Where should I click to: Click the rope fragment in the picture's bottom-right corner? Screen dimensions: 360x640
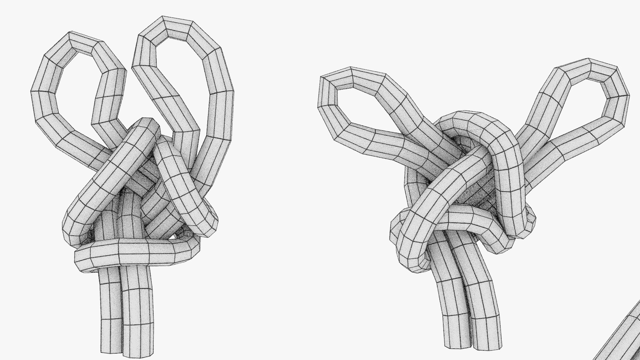tap(623, 337)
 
